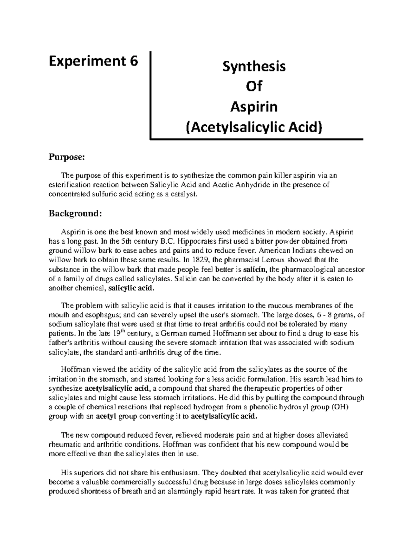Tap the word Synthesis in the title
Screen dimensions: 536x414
coord(254,66)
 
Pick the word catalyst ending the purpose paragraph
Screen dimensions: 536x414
coord(186,194)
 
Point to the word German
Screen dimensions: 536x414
coord(176,333)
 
